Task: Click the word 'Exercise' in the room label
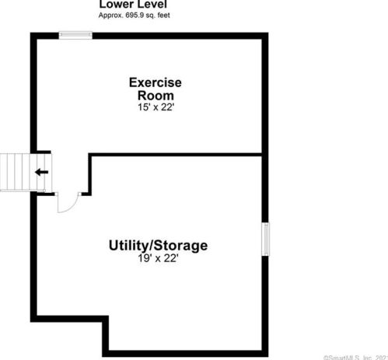156,82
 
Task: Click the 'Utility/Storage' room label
158,246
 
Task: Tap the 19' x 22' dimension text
158,259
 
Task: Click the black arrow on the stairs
40,172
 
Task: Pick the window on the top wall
76,33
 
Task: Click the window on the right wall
266,238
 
